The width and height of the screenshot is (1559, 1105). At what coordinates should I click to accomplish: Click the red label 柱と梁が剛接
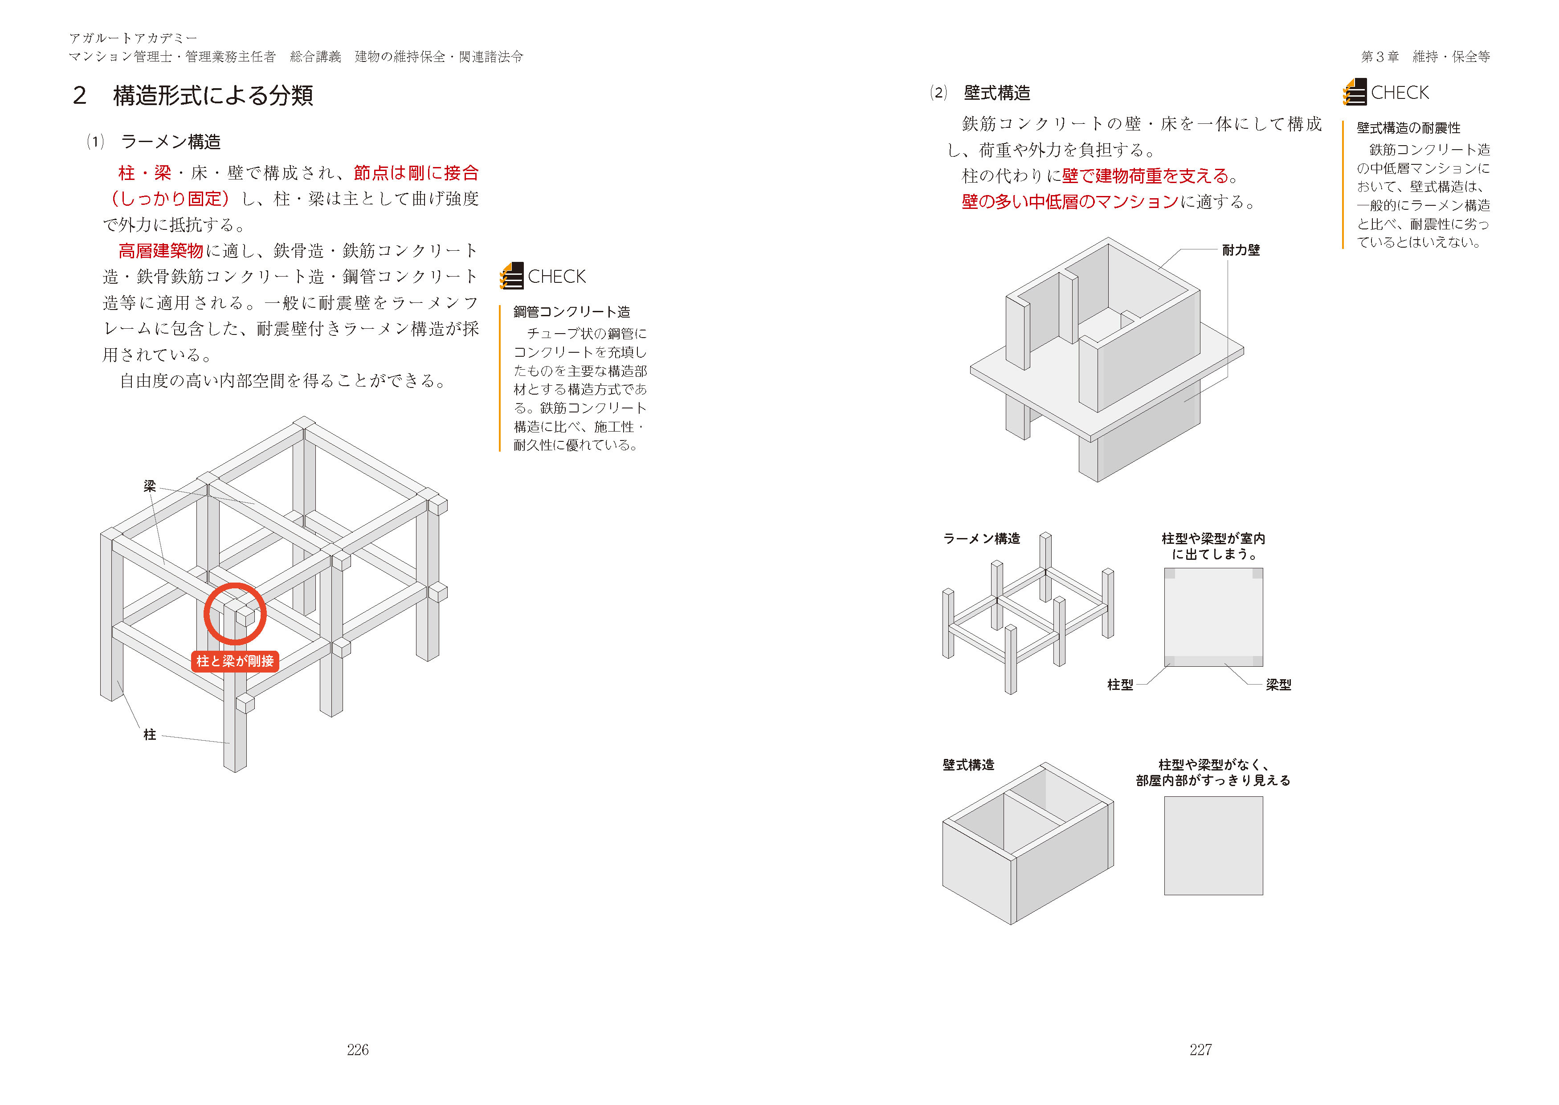tap(235, 661)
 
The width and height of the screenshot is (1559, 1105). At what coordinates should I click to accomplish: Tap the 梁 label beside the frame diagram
tap(150, 486)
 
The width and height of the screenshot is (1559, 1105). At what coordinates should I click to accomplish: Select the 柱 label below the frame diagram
tap(150, 734)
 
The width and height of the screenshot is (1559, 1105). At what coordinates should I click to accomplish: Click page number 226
tap(358, 1050)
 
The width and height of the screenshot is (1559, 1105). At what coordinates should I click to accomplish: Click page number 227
tap(1200, 1050)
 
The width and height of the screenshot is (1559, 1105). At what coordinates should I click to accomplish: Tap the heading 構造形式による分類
tap(213, 95)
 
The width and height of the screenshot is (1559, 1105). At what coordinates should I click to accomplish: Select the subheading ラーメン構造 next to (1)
tap(171, 142)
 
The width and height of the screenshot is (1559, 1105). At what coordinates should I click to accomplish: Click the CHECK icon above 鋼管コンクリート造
tap(512, 276)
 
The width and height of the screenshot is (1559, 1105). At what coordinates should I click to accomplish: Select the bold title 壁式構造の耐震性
tap(1408, 128)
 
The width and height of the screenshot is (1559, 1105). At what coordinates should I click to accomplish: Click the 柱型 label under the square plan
tap(1120, 685)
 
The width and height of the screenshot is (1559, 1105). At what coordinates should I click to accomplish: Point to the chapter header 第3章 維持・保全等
tap(1425, 57)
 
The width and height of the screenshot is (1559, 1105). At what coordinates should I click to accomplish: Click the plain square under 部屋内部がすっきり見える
tap(1213, 846)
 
